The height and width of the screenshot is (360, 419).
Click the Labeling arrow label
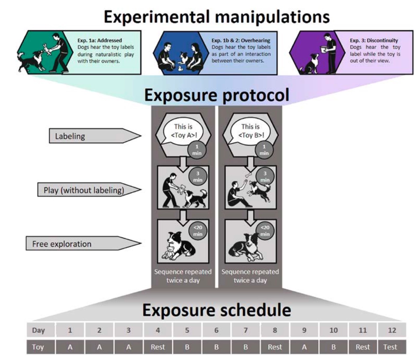pos(70,136)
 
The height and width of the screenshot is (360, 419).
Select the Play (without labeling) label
pos(84,190)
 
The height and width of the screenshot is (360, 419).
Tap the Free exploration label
pos(62,244)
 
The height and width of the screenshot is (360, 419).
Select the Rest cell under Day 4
pos(157,347)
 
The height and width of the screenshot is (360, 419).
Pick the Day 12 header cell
pos(392,330)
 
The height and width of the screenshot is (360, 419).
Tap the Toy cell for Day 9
pos(304,347)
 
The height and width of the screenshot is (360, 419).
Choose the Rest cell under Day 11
pos(362,347)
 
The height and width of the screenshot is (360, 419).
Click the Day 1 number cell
pos(70,330)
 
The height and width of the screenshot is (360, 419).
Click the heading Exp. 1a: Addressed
pos(100,41)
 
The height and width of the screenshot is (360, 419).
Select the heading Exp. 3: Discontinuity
pos(374,41)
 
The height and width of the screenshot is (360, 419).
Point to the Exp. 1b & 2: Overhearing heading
pos(241,41)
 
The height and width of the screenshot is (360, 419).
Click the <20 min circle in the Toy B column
pos(265,231)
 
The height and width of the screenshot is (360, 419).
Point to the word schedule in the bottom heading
pos(254,310)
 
